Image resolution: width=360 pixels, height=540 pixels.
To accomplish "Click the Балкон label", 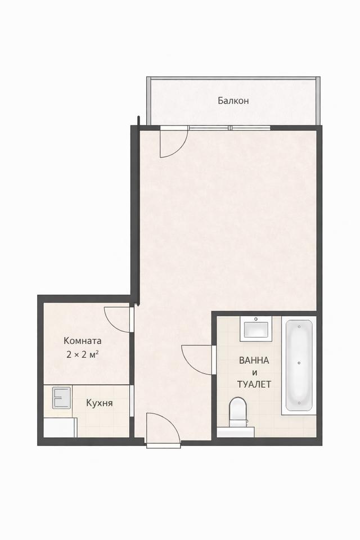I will click(233, 101).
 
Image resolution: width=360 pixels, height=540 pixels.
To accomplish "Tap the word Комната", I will click(83, 341).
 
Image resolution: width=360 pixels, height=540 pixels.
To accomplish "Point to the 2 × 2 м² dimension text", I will click(83, 354).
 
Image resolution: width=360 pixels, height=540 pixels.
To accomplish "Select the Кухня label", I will click(100, 403).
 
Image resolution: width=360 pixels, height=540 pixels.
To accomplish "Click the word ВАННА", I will click(254, 361).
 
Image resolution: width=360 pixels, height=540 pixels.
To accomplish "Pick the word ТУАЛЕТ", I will click(254, 385).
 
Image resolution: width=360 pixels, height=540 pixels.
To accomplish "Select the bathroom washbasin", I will click(256, 328).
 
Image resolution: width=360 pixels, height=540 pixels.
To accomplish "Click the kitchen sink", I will click(60, 398).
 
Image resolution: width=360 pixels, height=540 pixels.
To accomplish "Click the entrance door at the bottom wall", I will click(162, 430).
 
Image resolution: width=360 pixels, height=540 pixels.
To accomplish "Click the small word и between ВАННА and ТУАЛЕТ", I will click(254, 373).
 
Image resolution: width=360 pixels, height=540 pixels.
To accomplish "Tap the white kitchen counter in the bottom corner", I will click(60, 427).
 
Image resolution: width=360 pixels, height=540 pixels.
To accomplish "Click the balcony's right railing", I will click(319, 101).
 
